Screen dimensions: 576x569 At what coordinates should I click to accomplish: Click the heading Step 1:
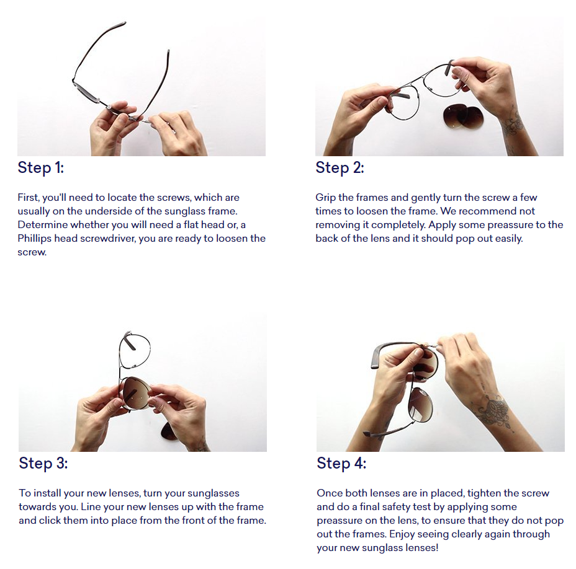[41, 167]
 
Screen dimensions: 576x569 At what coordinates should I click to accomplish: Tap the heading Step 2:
[340, 167]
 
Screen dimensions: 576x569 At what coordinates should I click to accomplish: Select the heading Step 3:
[43, 463]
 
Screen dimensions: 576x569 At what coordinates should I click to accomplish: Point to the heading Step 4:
[341, 463]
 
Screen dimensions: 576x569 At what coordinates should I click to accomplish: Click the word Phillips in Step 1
[35, 239]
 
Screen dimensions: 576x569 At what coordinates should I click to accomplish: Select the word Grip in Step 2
[325, 198]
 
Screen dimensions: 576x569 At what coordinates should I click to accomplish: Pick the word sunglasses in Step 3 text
[214, 493]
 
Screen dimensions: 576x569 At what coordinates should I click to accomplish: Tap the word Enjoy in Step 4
[402, 534]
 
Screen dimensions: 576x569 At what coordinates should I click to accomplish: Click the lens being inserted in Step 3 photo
[135, 392]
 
